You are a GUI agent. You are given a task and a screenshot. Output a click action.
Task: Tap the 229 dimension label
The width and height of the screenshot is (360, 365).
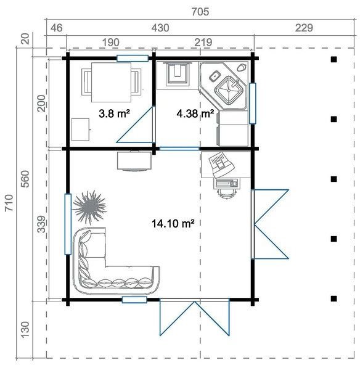click(x=304, y=28)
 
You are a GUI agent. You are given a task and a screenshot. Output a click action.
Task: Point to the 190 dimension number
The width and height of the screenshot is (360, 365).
click(x=109, y=42)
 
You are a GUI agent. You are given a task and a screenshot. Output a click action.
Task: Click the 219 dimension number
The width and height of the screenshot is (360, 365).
click(x=203, y=42)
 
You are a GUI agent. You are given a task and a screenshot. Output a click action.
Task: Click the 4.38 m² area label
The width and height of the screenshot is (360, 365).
click(x=195, y=113)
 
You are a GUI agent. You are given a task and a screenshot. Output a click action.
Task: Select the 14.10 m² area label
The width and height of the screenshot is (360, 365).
click(x=173, y=224)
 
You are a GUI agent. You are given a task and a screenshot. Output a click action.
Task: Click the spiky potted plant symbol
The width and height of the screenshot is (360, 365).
click(x=90, y=207)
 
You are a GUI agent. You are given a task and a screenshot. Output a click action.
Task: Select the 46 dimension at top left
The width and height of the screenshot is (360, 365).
click(x=56, y=28)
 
